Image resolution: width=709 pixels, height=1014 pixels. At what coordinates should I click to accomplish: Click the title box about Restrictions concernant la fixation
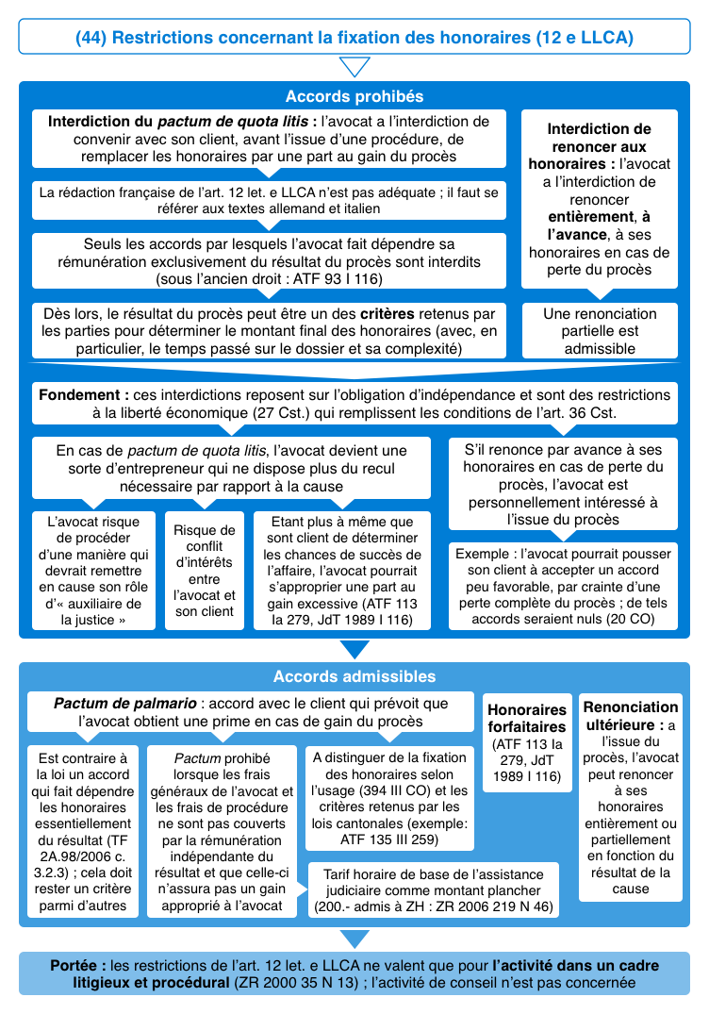tap(354, 38)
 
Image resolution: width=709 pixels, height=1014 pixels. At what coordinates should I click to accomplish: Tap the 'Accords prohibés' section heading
tap(354, 96)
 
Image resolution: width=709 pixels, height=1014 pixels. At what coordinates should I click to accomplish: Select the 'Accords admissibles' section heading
tap(354, 676)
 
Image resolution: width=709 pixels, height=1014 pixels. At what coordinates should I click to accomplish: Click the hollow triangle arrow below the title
tap(354, 67)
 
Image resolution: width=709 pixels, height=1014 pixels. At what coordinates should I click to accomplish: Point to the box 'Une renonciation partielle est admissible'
tap(600, 331)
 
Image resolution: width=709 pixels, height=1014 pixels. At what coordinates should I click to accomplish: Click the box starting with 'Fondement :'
tap(354, 403)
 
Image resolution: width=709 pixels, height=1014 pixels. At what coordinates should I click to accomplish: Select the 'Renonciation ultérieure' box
tap(630, 797)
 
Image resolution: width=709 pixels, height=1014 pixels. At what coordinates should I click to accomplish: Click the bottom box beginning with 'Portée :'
tap(354, 973)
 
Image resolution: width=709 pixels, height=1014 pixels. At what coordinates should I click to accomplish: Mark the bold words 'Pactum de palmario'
tap(124, 704)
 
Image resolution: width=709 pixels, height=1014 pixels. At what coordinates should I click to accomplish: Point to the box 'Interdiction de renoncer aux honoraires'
tap(600, 198)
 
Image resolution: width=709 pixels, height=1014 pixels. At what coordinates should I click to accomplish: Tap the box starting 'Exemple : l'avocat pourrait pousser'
tap(562, 587)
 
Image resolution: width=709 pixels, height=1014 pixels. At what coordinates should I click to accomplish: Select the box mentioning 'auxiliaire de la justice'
tap(93, 570)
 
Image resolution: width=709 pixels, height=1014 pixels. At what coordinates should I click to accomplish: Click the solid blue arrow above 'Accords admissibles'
tap(354, 650)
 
